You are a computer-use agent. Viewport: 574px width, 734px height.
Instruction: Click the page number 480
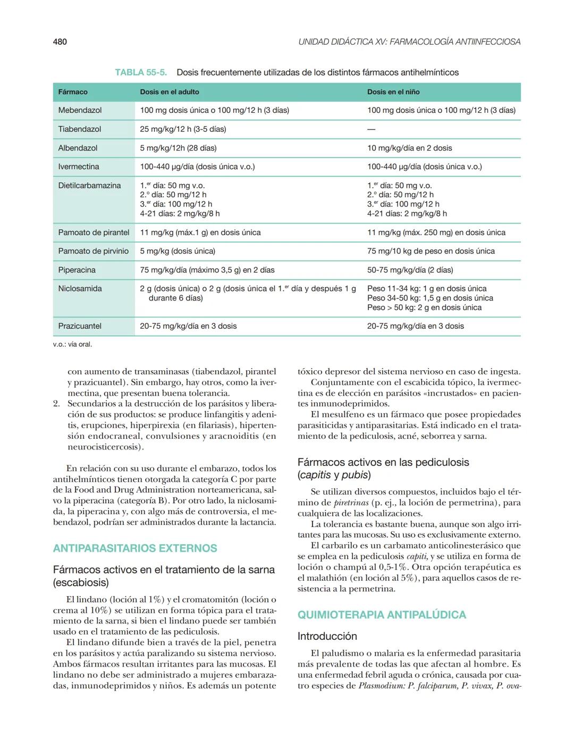[60, 41]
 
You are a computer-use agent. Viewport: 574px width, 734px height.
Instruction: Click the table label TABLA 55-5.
[141, 72]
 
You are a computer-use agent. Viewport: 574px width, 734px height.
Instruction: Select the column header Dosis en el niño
[393, 92]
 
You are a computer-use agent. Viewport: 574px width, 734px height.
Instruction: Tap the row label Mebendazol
[80, 110]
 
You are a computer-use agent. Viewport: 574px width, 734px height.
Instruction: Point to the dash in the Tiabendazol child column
[371, 129]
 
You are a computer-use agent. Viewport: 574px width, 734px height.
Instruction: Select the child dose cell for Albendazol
[409, 148]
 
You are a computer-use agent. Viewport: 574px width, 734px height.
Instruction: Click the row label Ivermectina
[79, 166]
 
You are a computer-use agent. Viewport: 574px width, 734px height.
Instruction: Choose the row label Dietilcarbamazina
[89, 186]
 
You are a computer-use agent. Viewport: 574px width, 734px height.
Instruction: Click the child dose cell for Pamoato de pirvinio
[430, 251]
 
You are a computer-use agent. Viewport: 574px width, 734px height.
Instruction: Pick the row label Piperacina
[77, 270]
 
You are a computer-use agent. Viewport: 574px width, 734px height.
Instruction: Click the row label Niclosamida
[80, 289]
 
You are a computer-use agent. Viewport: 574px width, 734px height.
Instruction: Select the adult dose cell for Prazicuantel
[188, 326]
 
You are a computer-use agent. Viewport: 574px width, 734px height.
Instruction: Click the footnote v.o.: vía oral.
[72, 345]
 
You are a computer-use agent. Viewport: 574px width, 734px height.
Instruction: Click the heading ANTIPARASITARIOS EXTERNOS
[135, 548]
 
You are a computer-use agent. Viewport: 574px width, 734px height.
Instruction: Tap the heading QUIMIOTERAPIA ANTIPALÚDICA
[382, 615]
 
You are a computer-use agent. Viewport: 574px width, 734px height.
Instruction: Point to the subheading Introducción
[327, 636]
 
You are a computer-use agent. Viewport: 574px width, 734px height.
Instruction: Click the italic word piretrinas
[351, 503]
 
